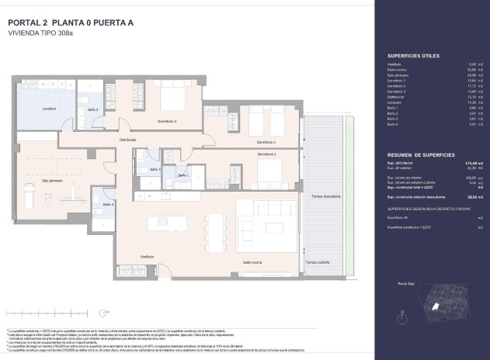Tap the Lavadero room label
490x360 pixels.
point(50,109)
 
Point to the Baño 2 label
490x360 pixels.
point(92,109)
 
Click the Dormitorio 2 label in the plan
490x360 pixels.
point(167,122)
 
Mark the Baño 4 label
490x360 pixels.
point(108,205)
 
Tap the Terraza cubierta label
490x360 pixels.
point(317,263)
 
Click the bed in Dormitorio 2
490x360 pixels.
point(172,99)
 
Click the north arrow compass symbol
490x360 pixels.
point(400,316)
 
